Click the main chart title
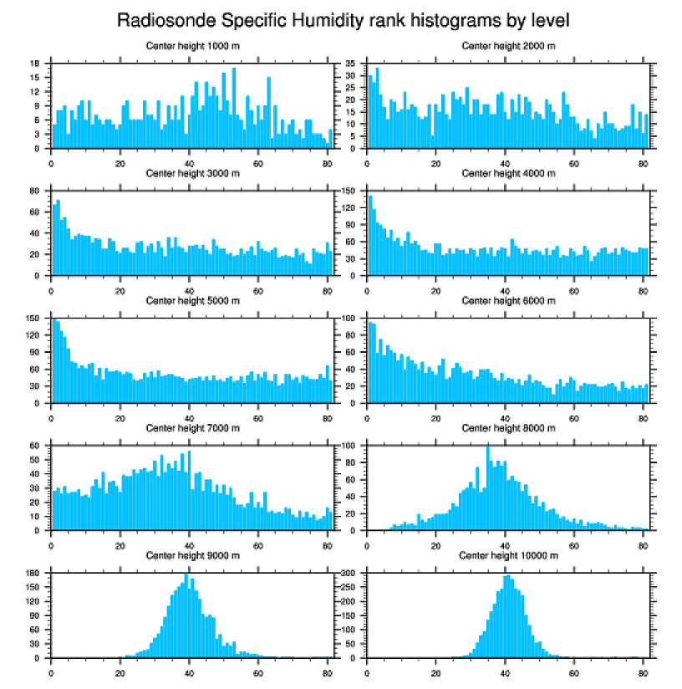pyautogui.click(x=343, y=19)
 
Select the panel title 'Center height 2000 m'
pyautogui.click(x=508, y=45)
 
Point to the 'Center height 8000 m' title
pyautogui.click(x=508, y=428)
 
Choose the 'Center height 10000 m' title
pyautogui.click(x=508, y=555)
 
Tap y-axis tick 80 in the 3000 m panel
pyautogui.click(x=36, y=191)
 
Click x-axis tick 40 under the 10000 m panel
pyautogui.click(x=505, y=670)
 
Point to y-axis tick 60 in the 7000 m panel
pyautogui.click(x=36, y=446)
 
